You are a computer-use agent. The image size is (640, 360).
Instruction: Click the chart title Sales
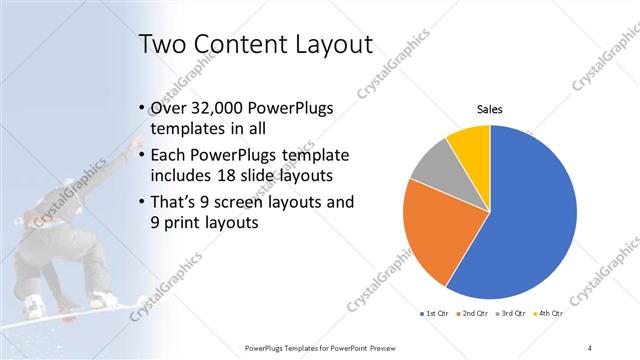click(x=489, y=110)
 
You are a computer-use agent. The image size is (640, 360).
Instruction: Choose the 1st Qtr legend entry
click(x=434, y=314)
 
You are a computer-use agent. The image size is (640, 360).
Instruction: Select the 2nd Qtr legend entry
click(x=472, y=314)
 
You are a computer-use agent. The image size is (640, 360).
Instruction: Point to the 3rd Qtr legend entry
click(x=509, y=314)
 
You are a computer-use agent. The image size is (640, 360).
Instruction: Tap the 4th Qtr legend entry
click(x=546, y=314)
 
